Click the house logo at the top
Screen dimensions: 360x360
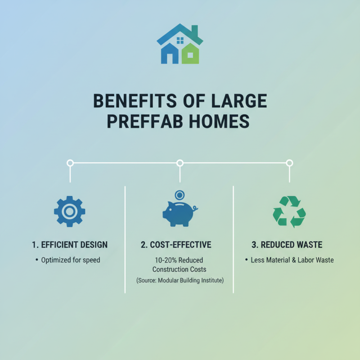pyautogui.click(x=180, y=44)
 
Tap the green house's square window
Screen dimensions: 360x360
pyautogui.click(x=190, y=55)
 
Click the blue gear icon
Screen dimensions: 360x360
pyautogui.click(x=69, y=211)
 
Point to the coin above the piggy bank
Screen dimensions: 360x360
pyautogui.click(x=180, y=195)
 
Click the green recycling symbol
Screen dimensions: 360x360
pyautogui.click(x=289, y=211)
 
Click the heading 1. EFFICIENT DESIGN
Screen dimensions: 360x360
pyautogui.click(x=70, y=245)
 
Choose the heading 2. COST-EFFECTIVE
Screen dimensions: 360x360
pyautogui.click(x=176, y=245)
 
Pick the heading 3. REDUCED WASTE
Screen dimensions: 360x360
pyautogui.click(x=287, y=245)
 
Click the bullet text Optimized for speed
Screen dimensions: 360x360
pyautogui.click(x=71, y=260)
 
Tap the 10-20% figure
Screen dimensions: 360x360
pyautogui.click(x=165, y=260)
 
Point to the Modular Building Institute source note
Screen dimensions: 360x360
pyautogui.click(x=180, y=280)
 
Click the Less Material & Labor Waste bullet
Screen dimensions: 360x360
pyautogui.click(x=292, y=260)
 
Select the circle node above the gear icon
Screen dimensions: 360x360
pyautogui.click(x=70, y=163)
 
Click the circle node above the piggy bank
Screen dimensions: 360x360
pyautogui.click(x=180, y=163)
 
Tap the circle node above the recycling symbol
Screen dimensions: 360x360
pyautogui.click(x=289, y=163)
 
